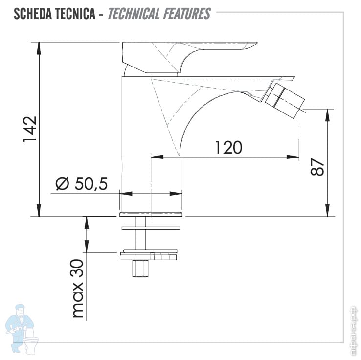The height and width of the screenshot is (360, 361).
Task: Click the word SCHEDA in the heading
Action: click(x=32, y=14)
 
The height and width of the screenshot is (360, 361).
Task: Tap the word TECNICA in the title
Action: click(x=75, y=14)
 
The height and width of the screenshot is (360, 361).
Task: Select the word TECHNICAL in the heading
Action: click(x=134, y=14)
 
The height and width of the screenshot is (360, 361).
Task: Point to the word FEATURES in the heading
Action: click(x=187, y=14)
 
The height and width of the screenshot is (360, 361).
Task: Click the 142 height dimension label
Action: click(x=30, y=129)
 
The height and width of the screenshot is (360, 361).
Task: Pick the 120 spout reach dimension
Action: click(x=228, y=147)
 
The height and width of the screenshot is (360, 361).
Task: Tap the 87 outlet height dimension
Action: click(x=317, y=167)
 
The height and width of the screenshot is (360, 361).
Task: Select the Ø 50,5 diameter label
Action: click(x=82, y=184)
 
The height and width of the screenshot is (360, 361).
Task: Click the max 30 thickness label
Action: click(x=78, y=289)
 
